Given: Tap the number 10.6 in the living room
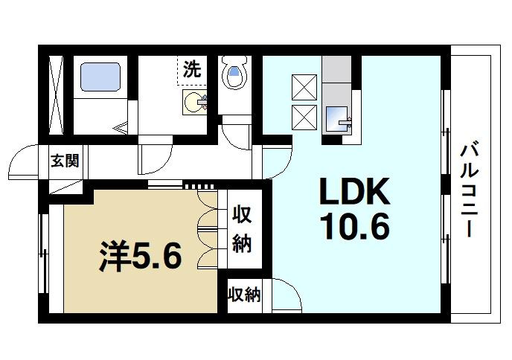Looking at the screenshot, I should tap(355, 227).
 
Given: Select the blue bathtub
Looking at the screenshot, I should tap(100, 77).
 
